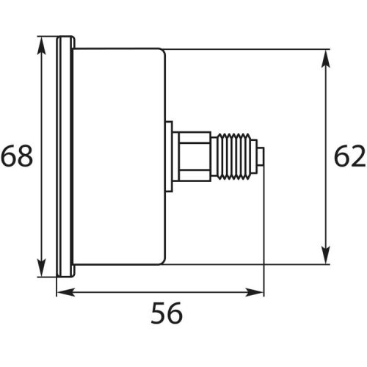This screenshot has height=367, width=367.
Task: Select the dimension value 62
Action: click(350, 156)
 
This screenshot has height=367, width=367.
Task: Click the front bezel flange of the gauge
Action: click(65, 156)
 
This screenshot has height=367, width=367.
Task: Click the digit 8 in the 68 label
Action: click(26, 156)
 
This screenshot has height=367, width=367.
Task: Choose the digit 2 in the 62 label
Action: click(358, 156)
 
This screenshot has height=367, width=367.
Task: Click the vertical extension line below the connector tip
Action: click(263, 235)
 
